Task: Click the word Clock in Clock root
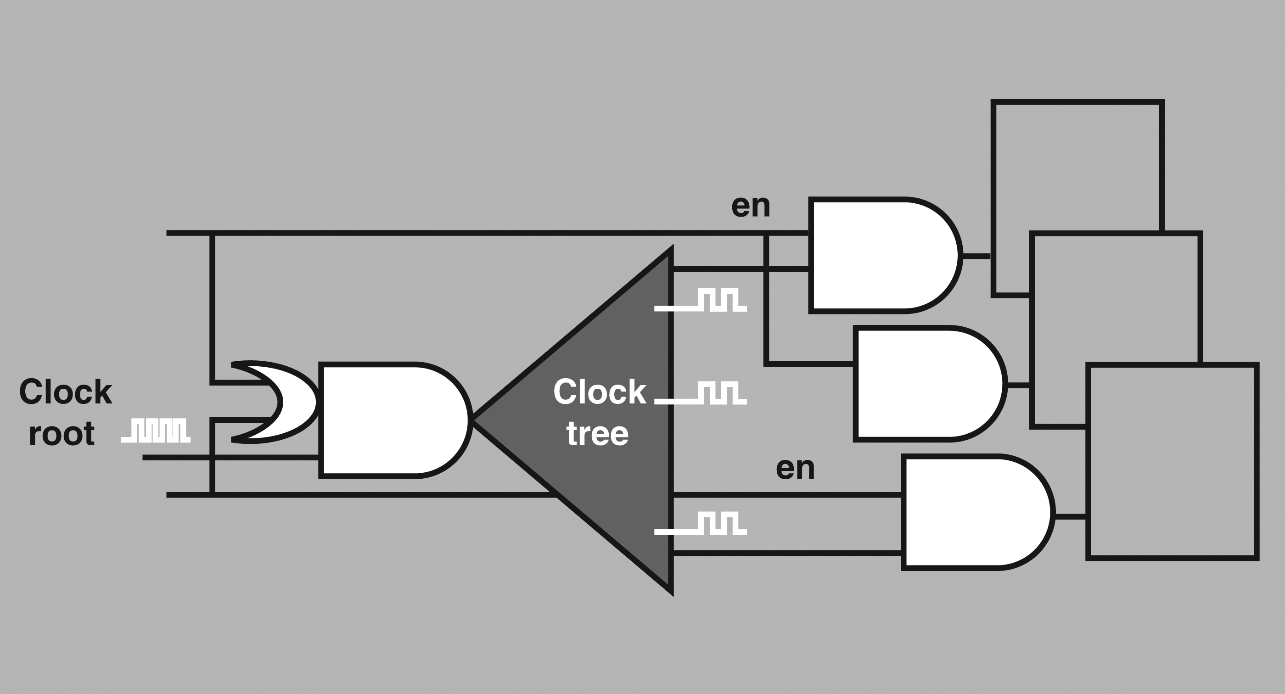[65, 392]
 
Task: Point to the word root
[62, 434]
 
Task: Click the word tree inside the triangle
[598, 434]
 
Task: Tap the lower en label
[796, 468]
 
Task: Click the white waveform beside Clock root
[156, 431]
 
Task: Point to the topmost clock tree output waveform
[701, 300]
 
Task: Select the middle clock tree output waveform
[701, 392]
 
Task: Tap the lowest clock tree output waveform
[701, 524]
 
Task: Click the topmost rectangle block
[1077, 103]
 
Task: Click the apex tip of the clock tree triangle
[473, 420]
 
